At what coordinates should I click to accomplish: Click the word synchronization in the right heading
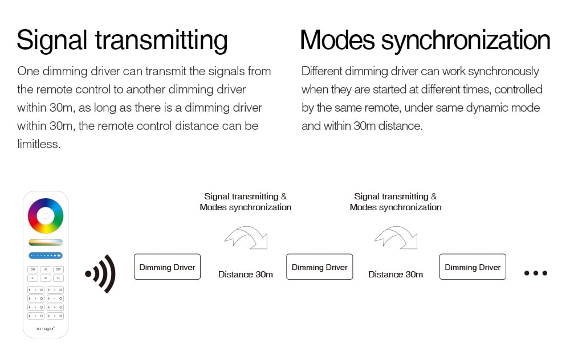click(x=466, y=40)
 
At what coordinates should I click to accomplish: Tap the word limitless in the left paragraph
click(x=38, y=144)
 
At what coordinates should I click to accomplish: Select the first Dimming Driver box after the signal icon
click(x=167, y=267)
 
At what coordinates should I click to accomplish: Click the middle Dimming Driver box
click(x=319, y=267)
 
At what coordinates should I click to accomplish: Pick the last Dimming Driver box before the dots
click(x=472, y=267)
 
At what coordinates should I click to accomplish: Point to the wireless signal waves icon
click(x=100, y=273)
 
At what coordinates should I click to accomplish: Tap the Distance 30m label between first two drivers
click(x=245, y=275)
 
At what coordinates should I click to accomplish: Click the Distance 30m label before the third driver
click(x=395, y=275)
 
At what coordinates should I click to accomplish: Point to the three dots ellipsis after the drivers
click(x=535, y=273)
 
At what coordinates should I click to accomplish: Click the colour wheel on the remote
click(x=46, y=216)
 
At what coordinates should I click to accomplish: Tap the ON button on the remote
click(x=32, y=269)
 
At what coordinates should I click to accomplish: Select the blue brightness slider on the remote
click(x=46, y=256)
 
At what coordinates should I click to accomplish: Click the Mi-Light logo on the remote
click(x=45, y=328)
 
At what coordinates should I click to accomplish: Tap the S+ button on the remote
click(x=58, y=278)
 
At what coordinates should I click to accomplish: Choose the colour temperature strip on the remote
click(x=46, y=243)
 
